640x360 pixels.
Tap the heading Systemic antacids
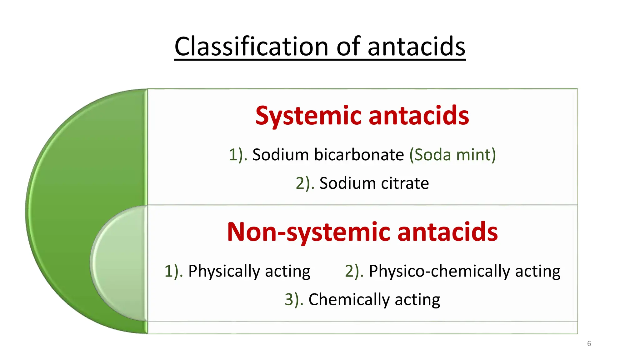click(x=362, y=115)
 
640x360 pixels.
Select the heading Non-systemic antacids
click(x=362, y=232)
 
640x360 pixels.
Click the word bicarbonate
click(x=359, y=155)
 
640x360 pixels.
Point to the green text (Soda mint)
click(x=452, y=155)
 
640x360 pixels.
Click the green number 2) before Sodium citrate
click(x=305, y=183)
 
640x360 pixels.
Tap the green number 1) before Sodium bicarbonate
click(x=238, y=155)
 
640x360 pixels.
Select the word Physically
click(x=224, y=271)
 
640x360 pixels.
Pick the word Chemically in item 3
click(x=349, y=299)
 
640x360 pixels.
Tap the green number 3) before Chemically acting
click(x=294, y=299)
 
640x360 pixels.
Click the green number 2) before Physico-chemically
click(x=354, y=271)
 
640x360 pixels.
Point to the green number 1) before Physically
click(x=173, y=271)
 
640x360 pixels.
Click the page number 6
click(x=589, y=344)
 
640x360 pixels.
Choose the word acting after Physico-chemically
click(x=538, y=271)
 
